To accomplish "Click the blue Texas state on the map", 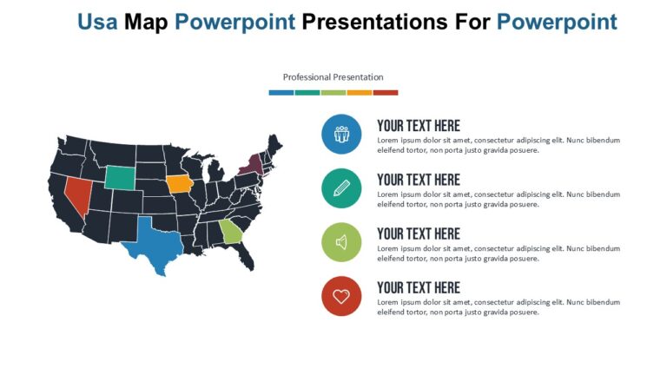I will pos(154,240).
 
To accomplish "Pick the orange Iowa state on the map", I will pos(179,184).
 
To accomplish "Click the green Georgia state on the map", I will pos(230,232).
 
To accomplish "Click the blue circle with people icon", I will pos(341,135).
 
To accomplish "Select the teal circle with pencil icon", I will pos(341,188).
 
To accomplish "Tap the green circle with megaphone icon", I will pos(341,242).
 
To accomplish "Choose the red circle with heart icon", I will pos(341,296).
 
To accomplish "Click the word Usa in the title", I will pos(97,22).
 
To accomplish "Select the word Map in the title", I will pos(147,22).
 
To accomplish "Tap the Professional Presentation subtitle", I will pos(333,77).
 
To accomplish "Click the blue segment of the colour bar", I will pos(281,92).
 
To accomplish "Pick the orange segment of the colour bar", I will pos(359,92).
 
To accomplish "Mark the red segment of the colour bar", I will pos(385,92).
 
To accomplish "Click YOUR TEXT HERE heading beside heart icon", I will pos(418,287).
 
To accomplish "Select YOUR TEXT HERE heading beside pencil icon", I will pos(418,180).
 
